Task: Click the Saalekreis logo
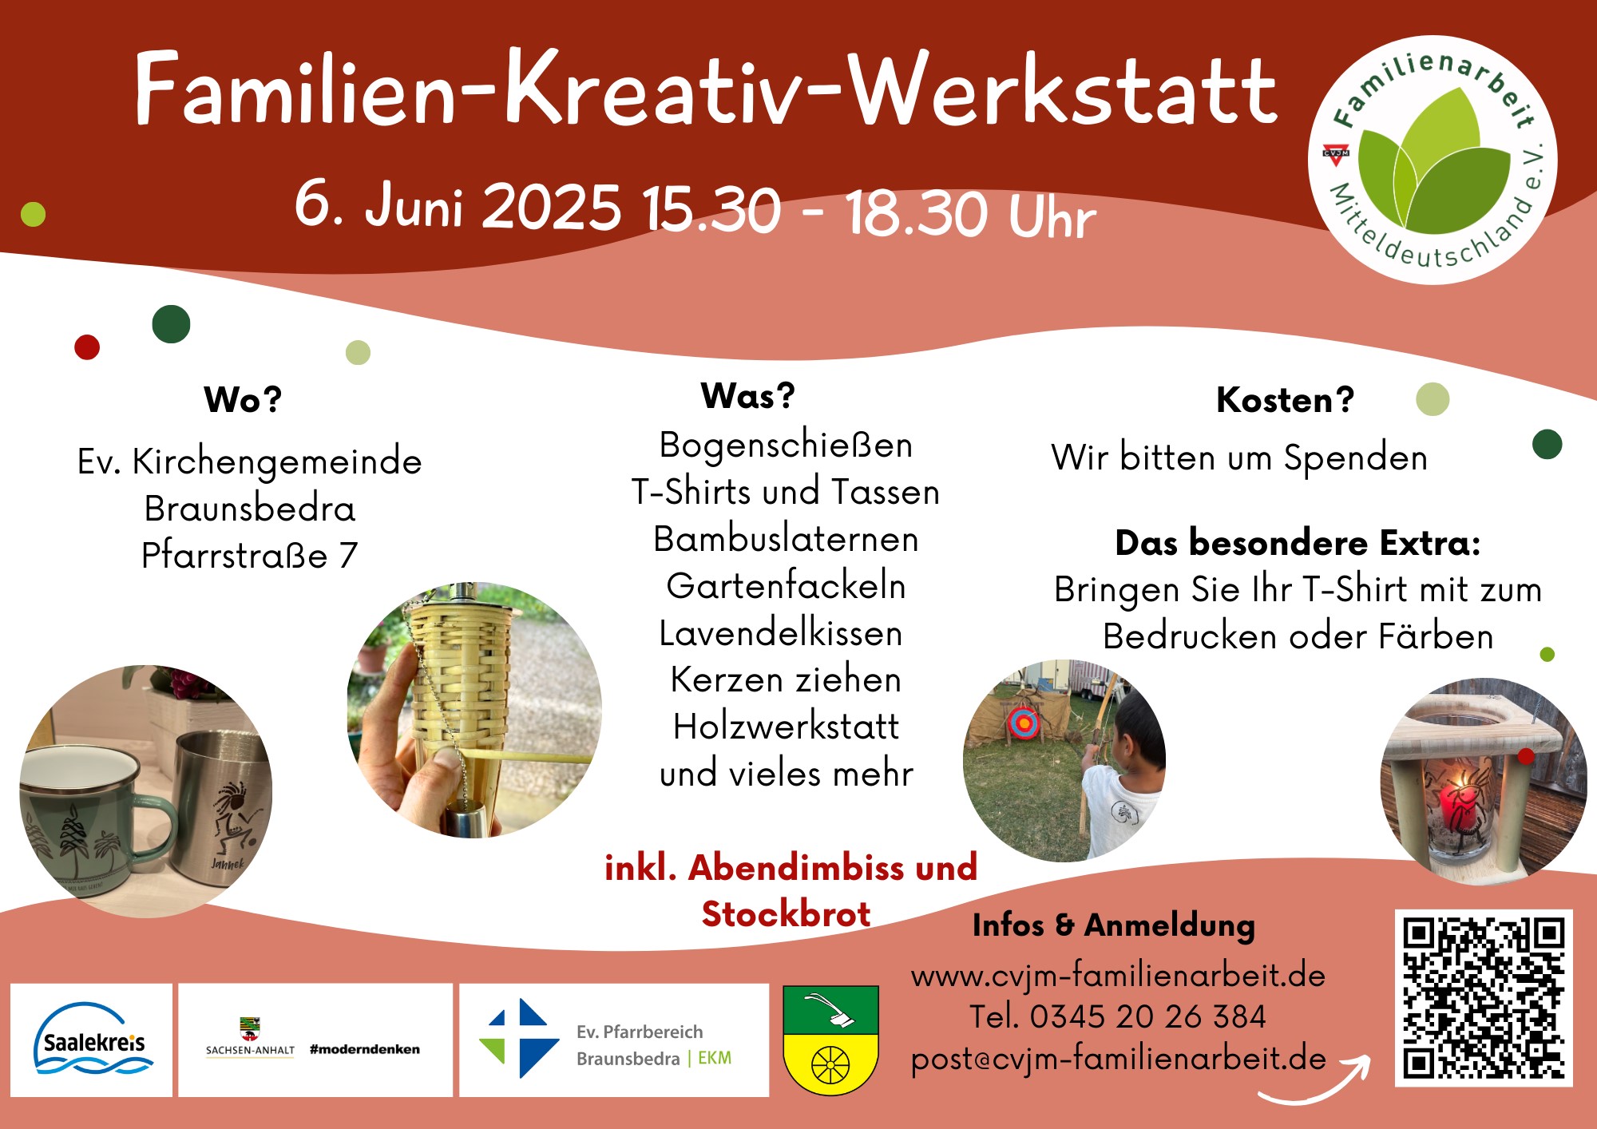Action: pyautogui.click(x=92, y=1040)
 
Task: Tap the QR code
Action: pyautogui.click(x=1484, y=998)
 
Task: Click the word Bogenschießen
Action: pyautogui.click(x=786, y=446)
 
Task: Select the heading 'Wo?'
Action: pyautogui.click(x=243, y=399)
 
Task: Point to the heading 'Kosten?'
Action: pyautogui.click(x=1285, y=399)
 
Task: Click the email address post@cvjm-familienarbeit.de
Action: pyautogui.click(x=1118, y=1059)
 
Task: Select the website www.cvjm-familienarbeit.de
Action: pyautogui.click(x=1118, y=976)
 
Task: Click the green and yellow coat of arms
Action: pyautogui.click(x=830, y=1040)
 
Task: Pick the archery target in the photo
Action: pyautogui.click(x=1024, y=723)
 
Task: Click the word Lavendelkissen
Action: pyautogui.click(x=781, y=634)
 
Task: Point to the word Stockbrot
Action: pyautogui.click(x=786, y=914)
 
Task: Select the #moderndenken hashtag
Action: pyautogui.click(x=365, y=1049)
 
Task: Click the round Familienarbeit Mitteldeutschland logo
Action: pyautogui.click(x=1433, y=160)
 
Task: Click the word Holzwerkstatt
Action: pyautogui.click(x=786, y=727)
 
